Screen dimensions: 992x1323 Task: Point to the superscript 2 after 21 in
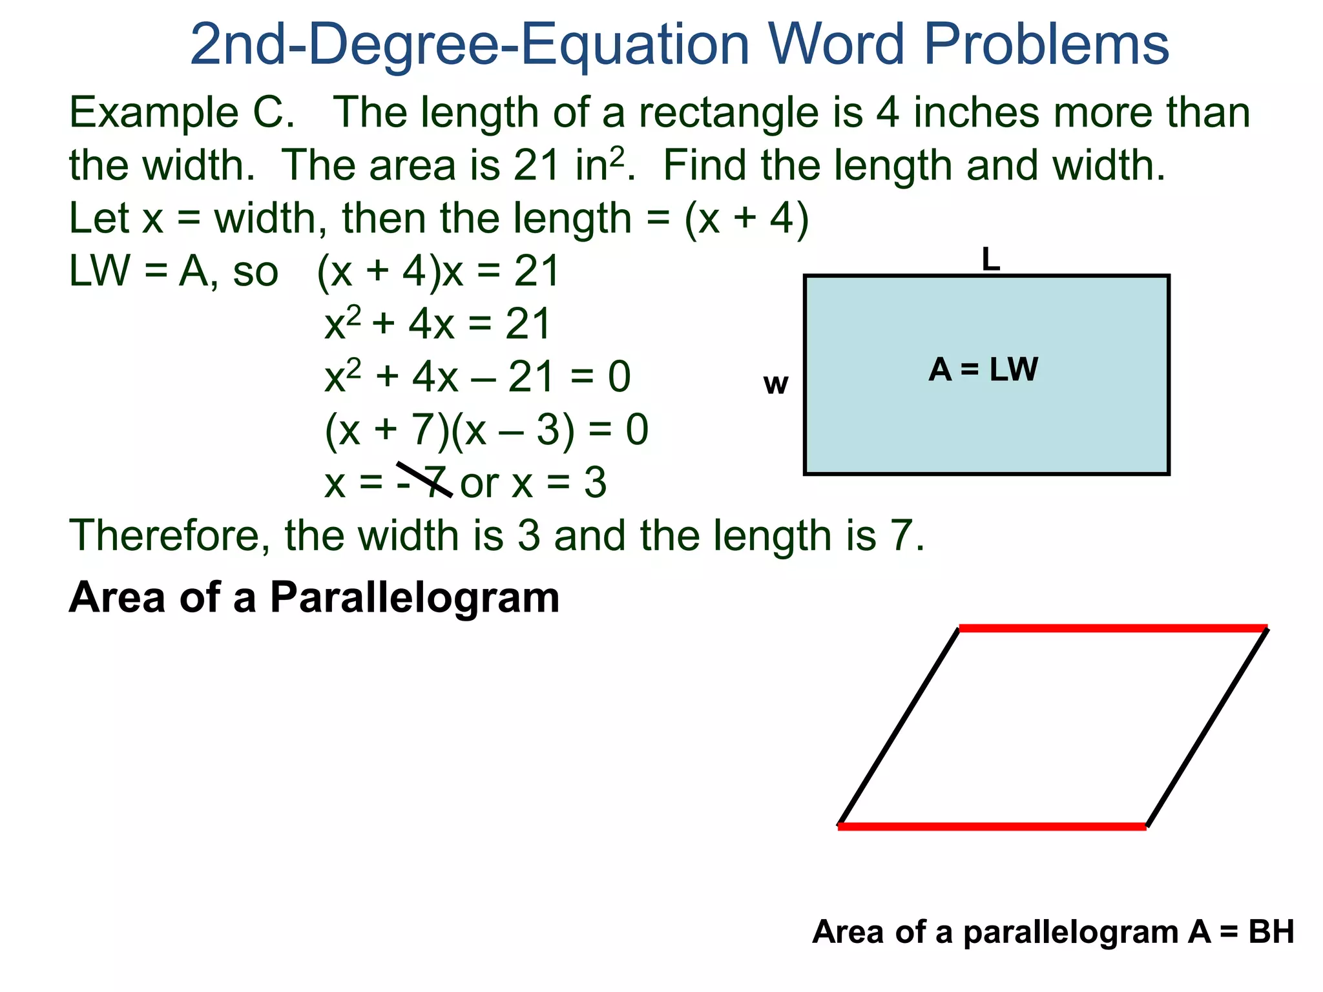point(617,155)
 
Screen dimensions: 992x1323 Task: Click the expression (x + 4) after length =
point(746,218)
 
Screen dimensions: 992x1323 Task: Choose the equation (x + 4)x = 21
point(438,271)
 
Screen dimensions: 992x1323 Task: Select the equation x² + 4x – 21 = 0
point(477,377)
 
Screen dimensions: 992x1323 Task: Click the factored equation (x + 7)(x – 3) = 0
point(486,429)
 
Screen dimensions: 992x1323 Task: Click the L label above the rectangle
point(990,260)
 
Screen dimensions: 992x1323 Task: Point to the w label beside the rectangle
point(775,384)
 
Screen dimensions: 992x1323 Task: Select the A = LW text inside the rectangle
point(983,370)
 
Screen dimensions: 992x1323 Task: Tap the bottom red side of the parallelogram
point(992,826)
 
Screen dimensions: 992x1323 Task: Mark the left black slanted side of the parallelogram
point(899,727)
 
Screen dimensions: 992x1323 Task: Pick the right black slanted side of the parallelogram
point(1207,727)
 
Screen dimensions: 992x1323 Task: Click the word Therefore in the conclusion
point(169,536)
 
